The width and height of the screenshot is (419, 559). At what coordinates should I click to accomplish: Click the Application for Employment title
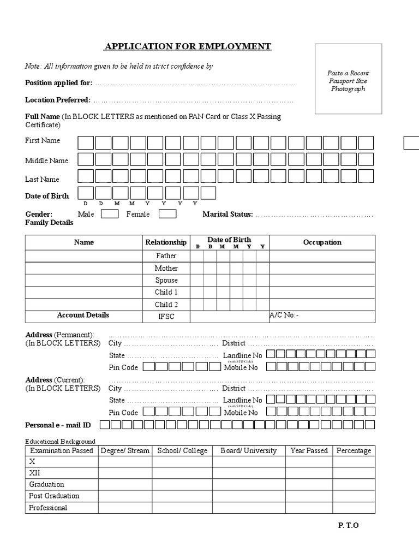tap(188, 46)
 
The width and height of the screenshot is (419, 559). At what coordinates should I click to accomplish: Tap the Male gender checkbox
tap(110, 214)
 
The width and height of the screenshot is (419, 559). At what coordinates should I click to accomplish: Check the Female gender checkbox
tap(167, 214)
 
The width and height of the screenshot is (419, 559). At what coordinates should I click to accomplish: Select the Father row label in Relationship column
tap(166, 255)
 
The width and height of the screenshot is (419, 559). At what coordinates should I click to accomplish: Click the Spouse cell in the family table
tap(166, 280)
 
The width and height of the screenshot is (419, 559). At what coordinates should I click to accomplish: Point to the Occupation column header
tap(322, 242)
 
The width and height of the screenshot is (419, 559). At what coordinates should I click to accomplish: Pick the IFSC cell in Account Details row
tap(166, 317)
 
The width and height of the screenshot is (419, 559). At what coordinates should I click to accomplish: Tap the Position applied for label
tap(59, 84)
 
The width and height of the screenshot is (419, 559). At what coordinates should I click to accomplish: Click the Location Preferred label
tap(58, 100)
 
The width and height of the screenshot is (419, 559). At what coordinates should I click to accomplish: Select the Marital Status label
tap(228, 214)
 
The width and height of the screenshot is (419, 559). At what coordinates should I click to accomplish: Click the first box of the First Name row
tap(86, 143)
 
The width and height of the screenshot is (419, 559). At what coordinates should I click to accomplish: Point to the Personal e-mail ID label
tap(58, 425)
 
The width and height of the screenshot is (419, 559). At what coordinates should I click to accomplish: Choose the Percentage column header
tap(354, 451)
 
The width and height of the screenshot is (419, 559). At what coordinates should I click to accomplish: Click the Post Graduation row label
tap(54, 496)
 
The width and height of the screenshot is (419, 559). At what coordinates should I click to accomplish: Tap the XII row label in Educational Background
tap(35, 473)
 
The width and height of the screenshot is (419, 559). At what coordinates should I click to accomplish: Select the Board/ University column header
tap(248, 451)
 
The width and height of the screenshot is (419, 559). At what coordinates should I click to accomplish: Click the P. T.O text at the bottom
tap(348, 526)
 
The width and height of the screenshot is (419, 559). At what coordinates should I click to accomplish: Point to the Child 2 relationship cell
tap(166, 305)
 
